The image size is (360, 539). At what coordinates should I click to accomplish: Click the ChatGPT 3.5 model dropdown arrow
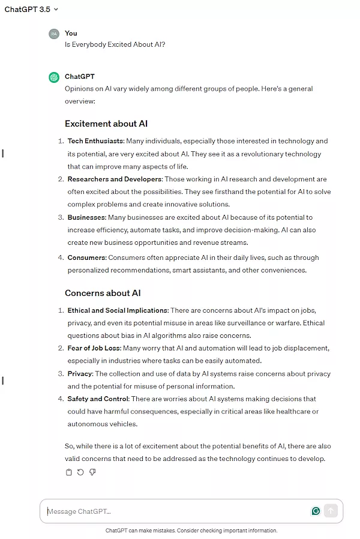(56, 10)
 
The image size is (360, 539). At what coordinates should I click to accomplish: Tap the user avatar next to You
(54, 34)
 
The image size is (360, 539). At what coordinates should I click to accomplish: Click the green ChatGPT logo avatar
(54, 77)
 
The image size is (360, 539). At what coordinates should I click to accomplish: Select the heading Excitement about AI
(106, 124)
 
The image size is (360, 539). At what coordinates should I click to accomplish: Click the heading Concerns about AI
(103, 293)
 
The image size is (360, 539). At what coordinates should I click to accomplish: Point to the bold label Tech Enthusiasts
(95, 141)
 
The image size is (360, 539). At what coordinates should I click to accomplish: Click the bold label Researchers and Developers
(115, 179)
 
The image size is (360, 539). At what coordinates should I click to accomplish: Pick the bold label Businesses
(86, 217)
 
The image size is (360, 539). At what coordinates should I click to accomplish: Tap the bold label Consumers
(86, 257)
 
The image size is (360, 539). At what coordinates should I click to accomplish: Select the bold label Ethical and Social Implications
(118, 310)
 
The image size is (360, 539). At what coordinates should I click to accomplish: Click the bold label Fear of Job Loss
(94, 348)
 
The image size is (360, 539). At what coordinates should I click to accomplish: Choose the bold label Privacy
(80, 373)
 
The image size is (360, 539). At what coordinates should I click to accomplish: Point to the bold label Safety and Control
(98, 399)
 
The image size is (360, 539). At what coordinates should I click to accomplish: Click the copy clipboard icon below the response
(68, 472)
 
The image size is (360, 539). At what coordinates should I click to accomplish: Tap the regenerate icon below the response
(80, 472)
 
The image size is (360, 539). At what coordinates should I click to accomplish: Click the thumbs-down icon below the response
(92, 472)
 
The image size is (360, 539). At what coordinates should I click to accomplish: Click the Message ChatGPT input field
(174, 511)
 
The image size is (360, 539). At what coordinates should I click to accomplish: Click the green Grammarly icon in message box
(316, 511)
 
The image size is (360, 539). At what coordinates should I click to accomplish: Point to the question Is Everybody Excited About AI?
(115, 44)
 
